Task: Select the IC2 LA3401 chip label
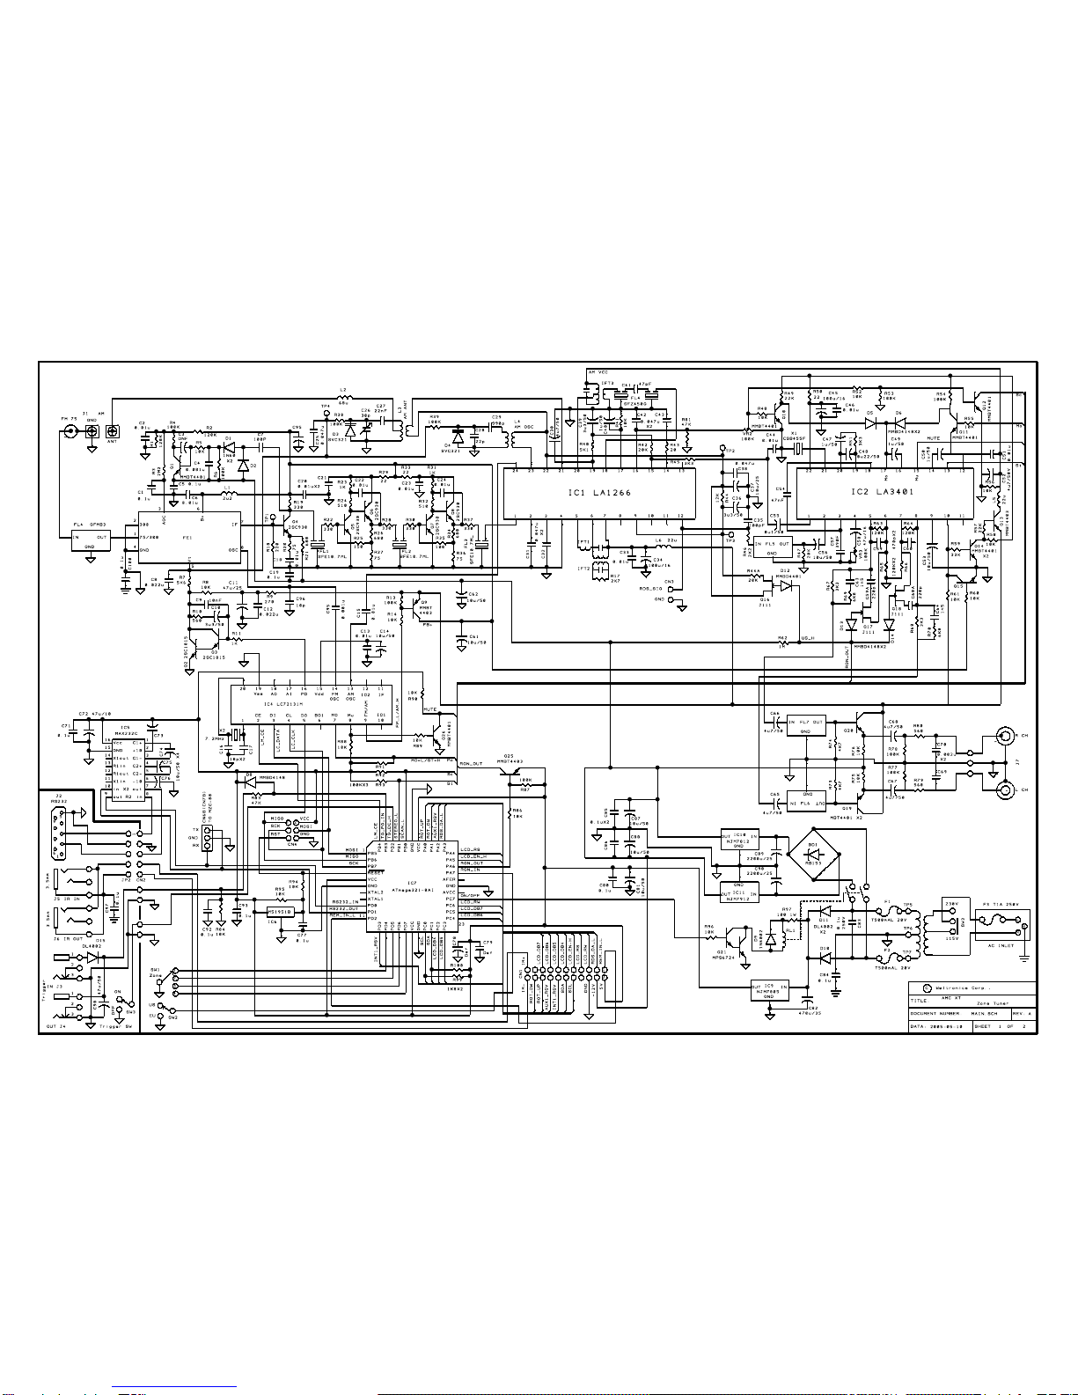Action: pos(883,492)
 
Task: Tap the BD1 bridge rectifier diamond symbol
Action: pos(812,854)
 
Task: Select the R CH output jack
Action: pos(1003,736)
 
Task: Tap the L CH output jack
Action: pos(1003,790)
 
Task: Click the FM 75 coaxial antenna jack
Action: pos(70,431)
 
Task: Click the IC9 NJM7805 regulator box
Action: pos(769,991)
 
